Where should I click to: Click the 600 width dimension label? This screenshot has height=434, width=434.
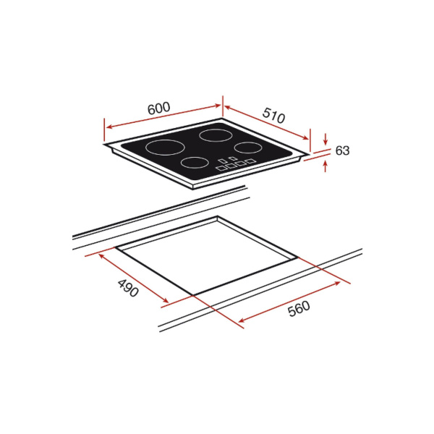pyautogui.click(x=158, y=108)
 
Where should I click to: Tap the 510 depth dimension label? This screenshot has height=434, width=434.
pyautogui.click(x=273, y=116)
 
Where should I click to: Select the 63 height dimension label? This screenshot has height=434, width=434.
pyautogui.click(x=342, y=150)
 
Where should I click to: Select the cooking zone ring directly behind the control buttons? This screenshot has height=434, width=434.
pyautogui.click(x=247, y=147)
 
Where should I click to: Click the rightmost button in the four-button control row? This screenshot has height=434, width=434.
pyautogui.click(x=250, y=162)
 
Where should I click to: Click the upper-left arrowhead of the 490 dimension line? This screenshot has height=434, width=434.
pyautogui.click(x=99, y=255)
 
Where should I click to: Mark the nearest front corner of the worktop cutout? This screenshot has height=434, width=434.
pyautogui.click(x=192, y=294)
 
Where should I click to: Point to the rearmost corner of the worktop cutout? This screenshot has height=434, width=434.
pyautogui.click(x=217, y=216)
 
